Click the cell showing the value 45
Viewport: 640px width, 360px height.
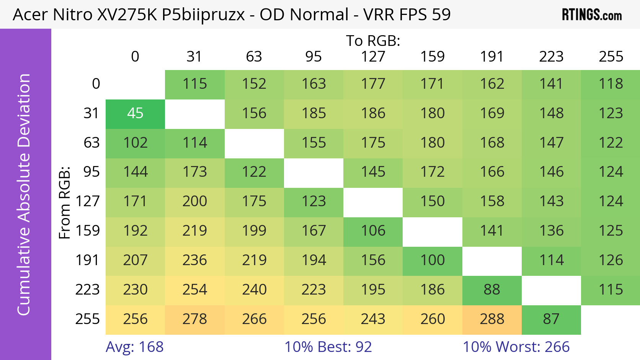pos(135,114)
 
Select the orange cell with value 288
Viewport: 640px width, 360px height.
pos(492,319)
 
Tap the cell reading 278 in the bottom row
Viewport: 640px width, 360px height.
pos(194,319)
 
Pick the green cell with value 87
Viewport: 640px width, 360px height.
pos(551,319)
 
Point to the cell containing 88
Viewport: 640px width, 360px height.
pos(492,290)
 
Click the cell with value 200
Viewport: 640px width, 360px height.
pos(194,202)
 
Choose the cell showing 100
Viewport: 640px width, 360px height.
pos(433,261)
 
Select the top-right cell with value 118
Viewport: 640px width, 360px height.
pos(611,84)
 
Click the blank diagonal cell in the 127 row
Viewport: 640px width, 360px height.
pos(373,202)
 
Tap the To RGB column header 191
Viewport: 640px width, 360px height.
pos(492,57)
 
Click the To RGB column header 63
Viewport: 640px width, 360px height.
pos(254,57)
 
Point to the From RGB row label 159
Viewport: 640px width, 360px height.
pos(88,231)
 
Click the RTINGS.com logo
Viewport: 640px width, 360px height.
pos(592,15)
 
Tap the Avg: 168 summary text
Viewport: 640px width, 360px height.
pos(134,347)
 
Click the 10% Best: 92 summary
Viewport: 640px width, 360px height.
pos(328,347)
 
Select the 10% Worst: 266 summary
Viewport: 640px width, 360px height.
pos(516,347)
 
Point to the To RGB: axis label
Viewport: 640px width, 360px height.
pos(373,41)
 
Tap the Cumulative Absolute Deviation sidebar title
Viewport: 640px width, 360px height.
pos(24,194)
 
